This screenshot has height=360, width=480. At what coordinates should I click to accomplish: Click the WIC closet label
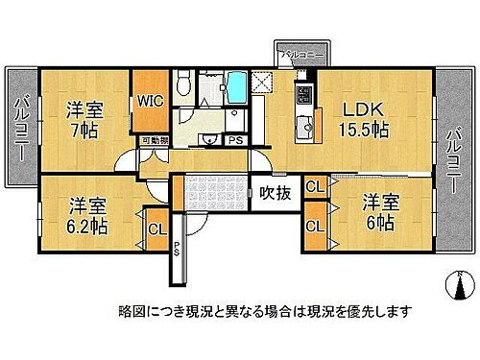click(x=149, y=100)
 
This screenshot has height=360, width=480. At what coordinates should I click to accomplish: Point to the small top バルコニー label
click(x=299, y=55)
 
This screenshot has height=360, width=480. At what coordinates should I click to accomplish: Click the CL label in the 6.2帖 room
click(x=155, y=228)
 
